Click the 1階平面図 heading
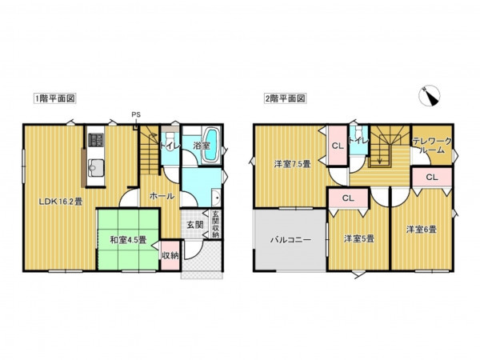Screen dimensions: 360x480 54,98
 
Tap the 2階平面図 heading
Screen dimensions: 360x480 285,98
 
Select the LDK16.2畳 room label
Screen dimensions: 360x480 62,201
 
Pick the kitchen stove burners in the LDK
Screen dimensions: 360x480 95,141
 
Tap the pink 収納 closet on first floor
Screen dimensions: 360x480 170,255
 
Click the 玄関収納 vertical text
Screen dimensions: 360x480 216,224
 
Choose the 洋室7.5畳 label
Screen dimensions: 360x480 286,165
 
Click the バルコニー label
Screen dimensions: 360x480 289,238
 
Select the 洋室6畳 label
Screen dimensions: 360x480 420,230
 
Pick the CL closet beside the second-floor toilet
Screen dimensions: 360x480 338,145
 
